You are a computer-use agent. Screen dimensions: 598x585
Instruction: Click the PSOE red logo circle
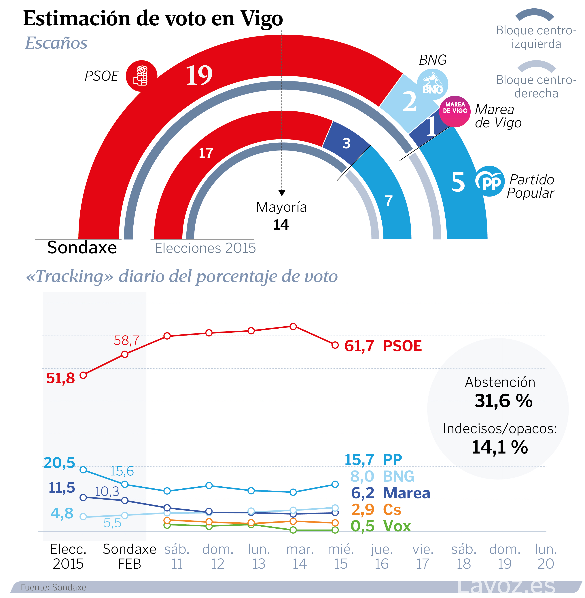coord(141,76)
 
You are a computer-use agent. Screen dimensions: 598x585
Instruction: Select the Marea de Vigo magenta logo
coord(455,111)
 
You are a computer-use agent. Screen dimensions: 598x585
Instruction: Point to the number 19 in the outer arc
coord(199,76)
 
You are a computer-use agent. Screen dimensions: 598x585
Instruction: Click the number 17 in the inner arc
coord(206,153)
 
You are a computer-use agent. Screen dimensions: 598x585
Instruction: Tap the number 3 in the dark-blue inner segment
coord(347,143)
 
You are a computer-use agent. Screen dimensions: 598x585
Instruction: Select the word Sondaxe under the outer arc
coord(82,247)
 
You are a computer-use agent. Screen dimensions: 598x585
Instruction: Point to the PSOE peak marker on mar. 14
coord(293,326)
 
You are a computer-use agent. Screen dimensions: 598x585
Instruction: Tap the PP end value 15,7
coord(359,460)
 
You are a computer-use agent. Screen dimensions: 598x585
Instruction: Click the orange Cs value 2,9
coord(363,510)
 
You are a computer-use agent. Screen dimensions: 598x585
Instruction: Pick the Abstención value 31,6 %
coord(503,401)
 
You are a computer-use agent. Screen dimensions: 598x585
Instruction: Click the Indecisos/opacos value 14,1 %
coord(500,447)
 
